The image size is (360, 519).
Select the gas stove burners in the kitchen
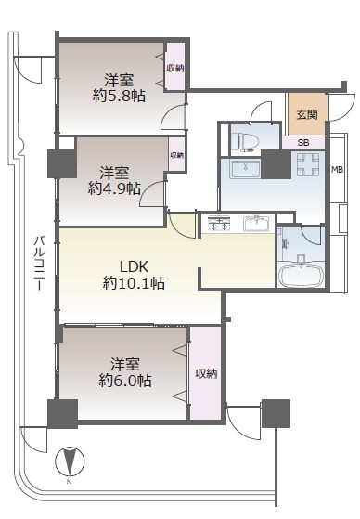pyautogui.click(x=219, y=224)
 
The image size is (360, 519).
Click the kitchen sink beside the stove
pyautogui.click(x=255, y=224)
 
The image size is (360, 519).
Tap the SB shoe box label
pyautogui.click(x=303, y=142)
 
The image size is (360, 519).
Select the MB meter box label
pyautogui.click(x=339, y=170)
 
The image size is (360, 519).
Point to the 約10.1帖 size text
pyautogui.click(x=134, y=283)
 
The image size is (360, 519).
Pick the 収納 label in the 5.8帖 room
pyautogui.click(x=174, y=68)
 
